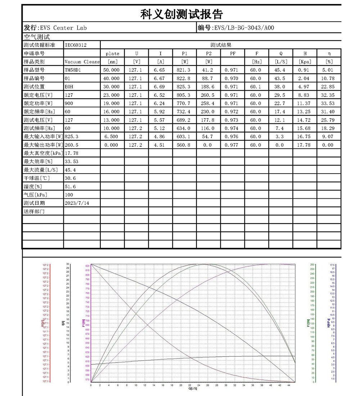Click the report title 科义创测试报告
[x=181, y=14]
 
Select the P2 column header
[x=208, y=54]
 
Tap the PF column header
[x=233, y=54]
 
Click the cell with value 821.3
[x=184, y=70]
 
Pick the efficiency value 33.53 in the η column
[x=329, y=103]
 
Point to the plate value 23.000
[x=112, y=95]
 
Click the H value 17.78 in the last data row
[x=305, y=145]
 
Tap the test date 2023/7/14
[x=77, y=203]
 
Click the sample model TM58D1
[x=73, y=70]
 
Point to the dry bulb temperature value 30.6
[x=70, y=178]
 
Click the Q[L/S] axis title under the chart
[x=193, y=389]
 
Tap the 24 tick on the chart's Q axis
[x=199, y=385]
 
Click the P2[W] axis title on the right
[x=309, y=323]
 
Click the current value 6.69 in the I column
[x=160, y=87]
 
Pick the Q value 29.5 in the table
[x=280, y=95]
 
